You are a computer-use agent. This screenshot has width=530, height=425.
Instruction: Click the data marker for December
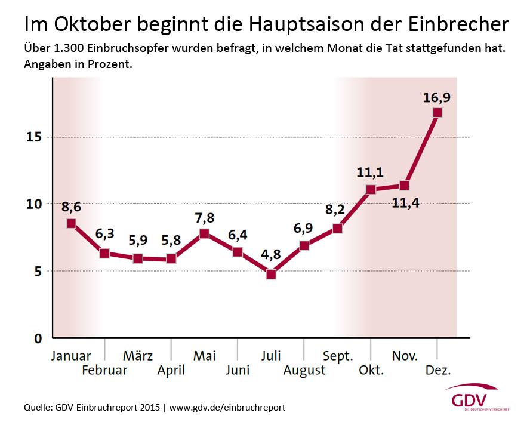[437, 112]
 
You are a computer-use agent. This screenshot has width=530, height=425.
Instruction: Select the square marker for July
[271, 275]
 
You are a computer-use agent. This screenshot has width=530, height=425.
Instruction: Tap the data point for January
[71, 223]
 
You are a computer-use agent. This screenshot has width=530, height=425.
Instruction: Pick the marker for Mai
[204, 233]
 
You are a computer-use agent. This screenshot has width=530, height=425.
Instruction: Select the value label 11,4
[405, 203]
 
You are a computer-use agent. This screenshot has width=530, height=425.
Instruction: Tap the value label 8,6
[71, 208]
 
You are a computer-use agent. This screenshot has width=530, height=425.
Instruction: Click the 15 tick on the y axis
[33, 137]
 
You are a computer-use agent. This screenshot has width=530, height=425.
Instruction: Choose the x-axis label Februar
[104, 370]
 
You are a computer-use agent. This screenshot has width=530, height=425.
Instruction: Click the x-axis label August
[304, 370]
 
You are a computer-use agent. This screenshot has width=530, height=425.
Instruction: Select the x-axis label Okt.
[371, 370]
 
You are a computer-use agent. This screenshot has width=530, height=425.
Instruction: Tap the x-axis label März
[138, 356]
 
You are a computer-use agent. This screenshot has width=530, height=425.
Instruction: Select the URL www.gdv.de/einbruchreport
[227, 408]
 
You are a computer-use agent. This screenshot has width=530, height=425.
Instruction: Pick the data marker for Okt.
[371, 189]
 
